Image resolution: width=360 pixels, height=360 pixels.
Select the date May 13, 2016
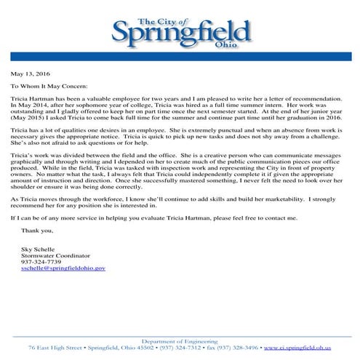(x=31, y=73)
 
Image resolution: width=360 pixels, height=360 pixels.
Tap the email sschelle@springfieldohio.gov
(x=64, y=268)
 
